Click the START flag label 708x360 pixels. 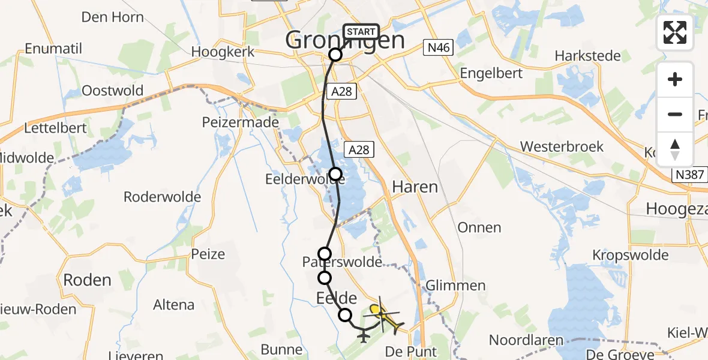[361, 32]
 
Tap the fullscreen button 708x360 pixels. [675, 32]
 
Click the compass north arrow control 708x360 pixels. [675, 149]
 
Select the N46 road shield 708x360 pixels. [437, 47]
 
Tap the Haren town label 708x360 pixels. [415, 187]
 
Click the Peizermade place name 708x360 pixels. [241, 122]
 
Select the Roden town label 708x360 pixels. [87, 280]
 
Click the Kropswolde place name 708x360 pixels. [630, 255]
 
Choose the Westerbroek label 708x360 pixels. [562, 146]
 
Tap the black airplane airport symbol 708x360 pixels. [364, 335]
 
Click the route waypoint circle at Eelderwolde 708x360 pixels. [335, 175]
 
